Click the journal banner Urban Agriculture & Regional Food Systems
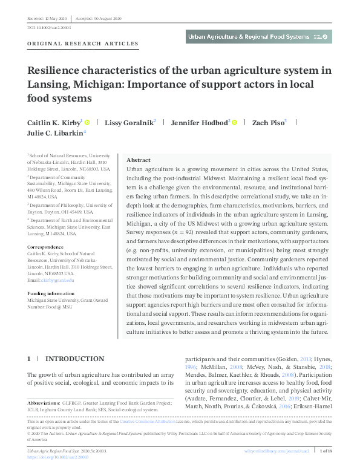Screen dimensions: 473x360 248,37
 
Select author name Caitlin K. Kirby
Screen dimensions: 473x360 53,122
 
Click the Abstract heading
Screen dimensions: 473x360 139,160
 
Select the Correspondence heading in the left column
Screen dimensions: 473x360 47,247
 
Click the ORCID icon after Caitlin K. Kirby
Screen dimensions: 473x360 87,122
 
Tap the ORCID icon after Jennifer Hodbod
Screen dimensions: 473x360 235,122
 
